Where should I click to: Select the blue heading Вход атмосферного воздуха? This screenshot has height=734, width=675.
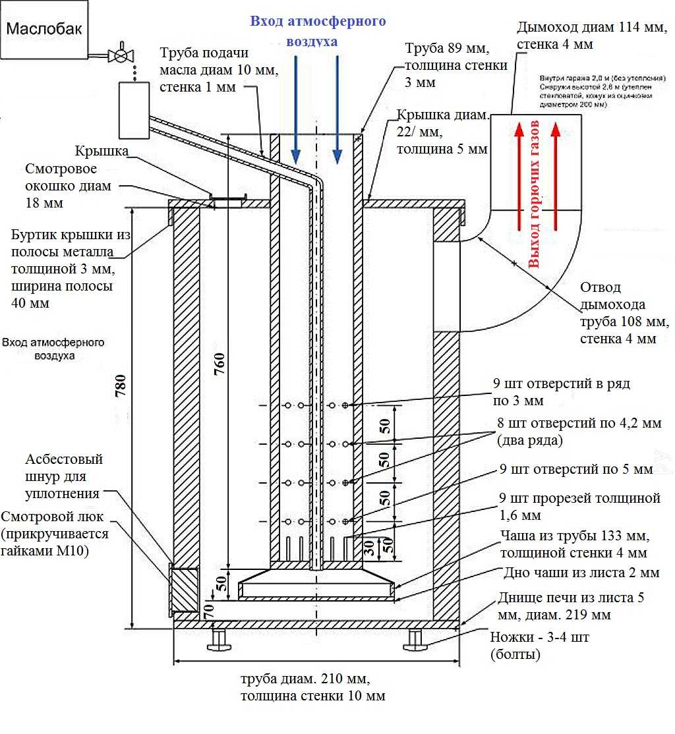pyautogui.click(x=317, y=31)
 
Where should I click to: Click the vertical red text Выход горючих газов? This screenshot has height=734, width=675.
pyautogui.click(x=535, y=194)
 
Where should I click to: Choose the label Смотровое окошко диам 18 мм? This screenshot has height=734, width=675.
pyautogui.click(x=69, y=186)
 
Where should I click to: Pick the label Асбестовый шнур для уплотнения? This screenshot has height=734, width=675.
pyautogui.click(x=64, y=476)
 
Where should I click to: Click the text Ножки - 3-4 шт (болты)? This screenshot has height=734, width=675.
pyautogui.click(x=540, y=646)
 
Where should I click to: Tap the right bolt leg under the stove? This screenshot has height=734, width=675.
pyautogui.click(x=415, y=638)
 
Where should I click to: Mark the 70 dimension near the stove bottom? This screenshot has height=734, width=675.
pyautogui.click(x=209, y=611)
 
